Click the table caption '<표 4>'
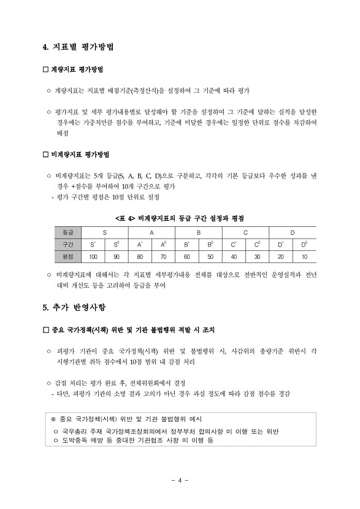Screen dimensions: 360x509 (x=125, y=218)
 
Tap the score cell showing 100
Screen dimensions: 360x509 (x=93, y=256)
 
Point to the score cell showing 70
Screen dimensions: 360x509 (x=163, y=256)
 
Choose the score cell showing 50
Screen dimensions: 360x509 (x=210, y=256)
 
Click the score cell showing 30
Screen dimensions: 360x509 (x=257, y=256)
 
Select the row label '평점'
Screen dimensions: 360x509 (x=67, y=256)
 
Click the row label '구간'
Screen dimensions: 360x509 (x=67, y=245)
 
